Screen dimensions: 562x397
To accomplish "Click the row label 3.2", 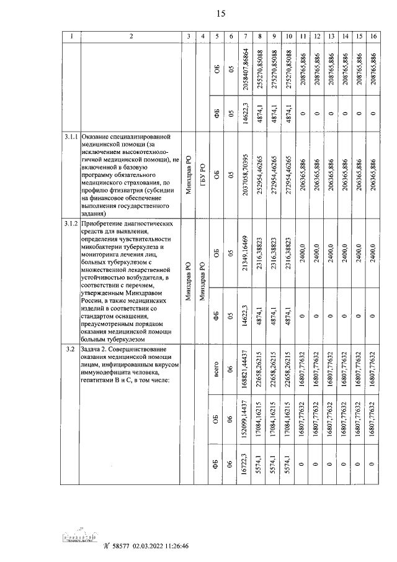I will click(70, 350).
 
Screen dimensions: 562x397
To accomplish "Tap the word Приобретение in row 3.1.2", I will click(105, 223).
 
